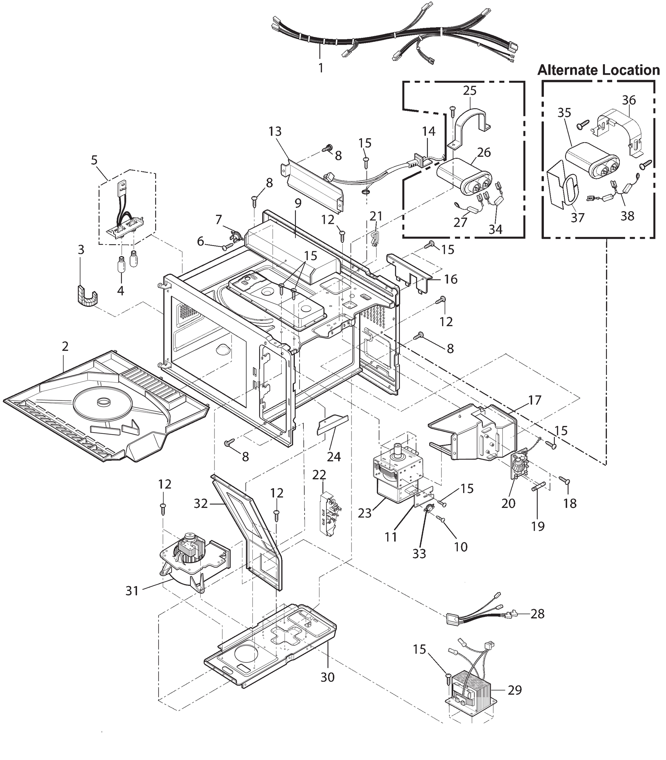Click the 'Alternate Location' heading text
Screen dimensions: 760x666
[x=598, y=70]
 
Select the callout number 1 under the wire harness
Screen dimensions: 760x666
[x=320, y=68]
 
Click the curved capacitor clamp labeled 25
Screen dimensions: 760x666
[x=470, y=123]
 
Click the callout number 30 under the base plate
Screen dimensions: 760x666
[x=327, y=677]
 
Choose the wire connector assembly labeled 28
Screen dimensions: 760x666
[x=479, y=617]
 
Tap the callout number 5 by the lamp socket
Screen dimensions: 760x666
[x=94, y=160]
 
